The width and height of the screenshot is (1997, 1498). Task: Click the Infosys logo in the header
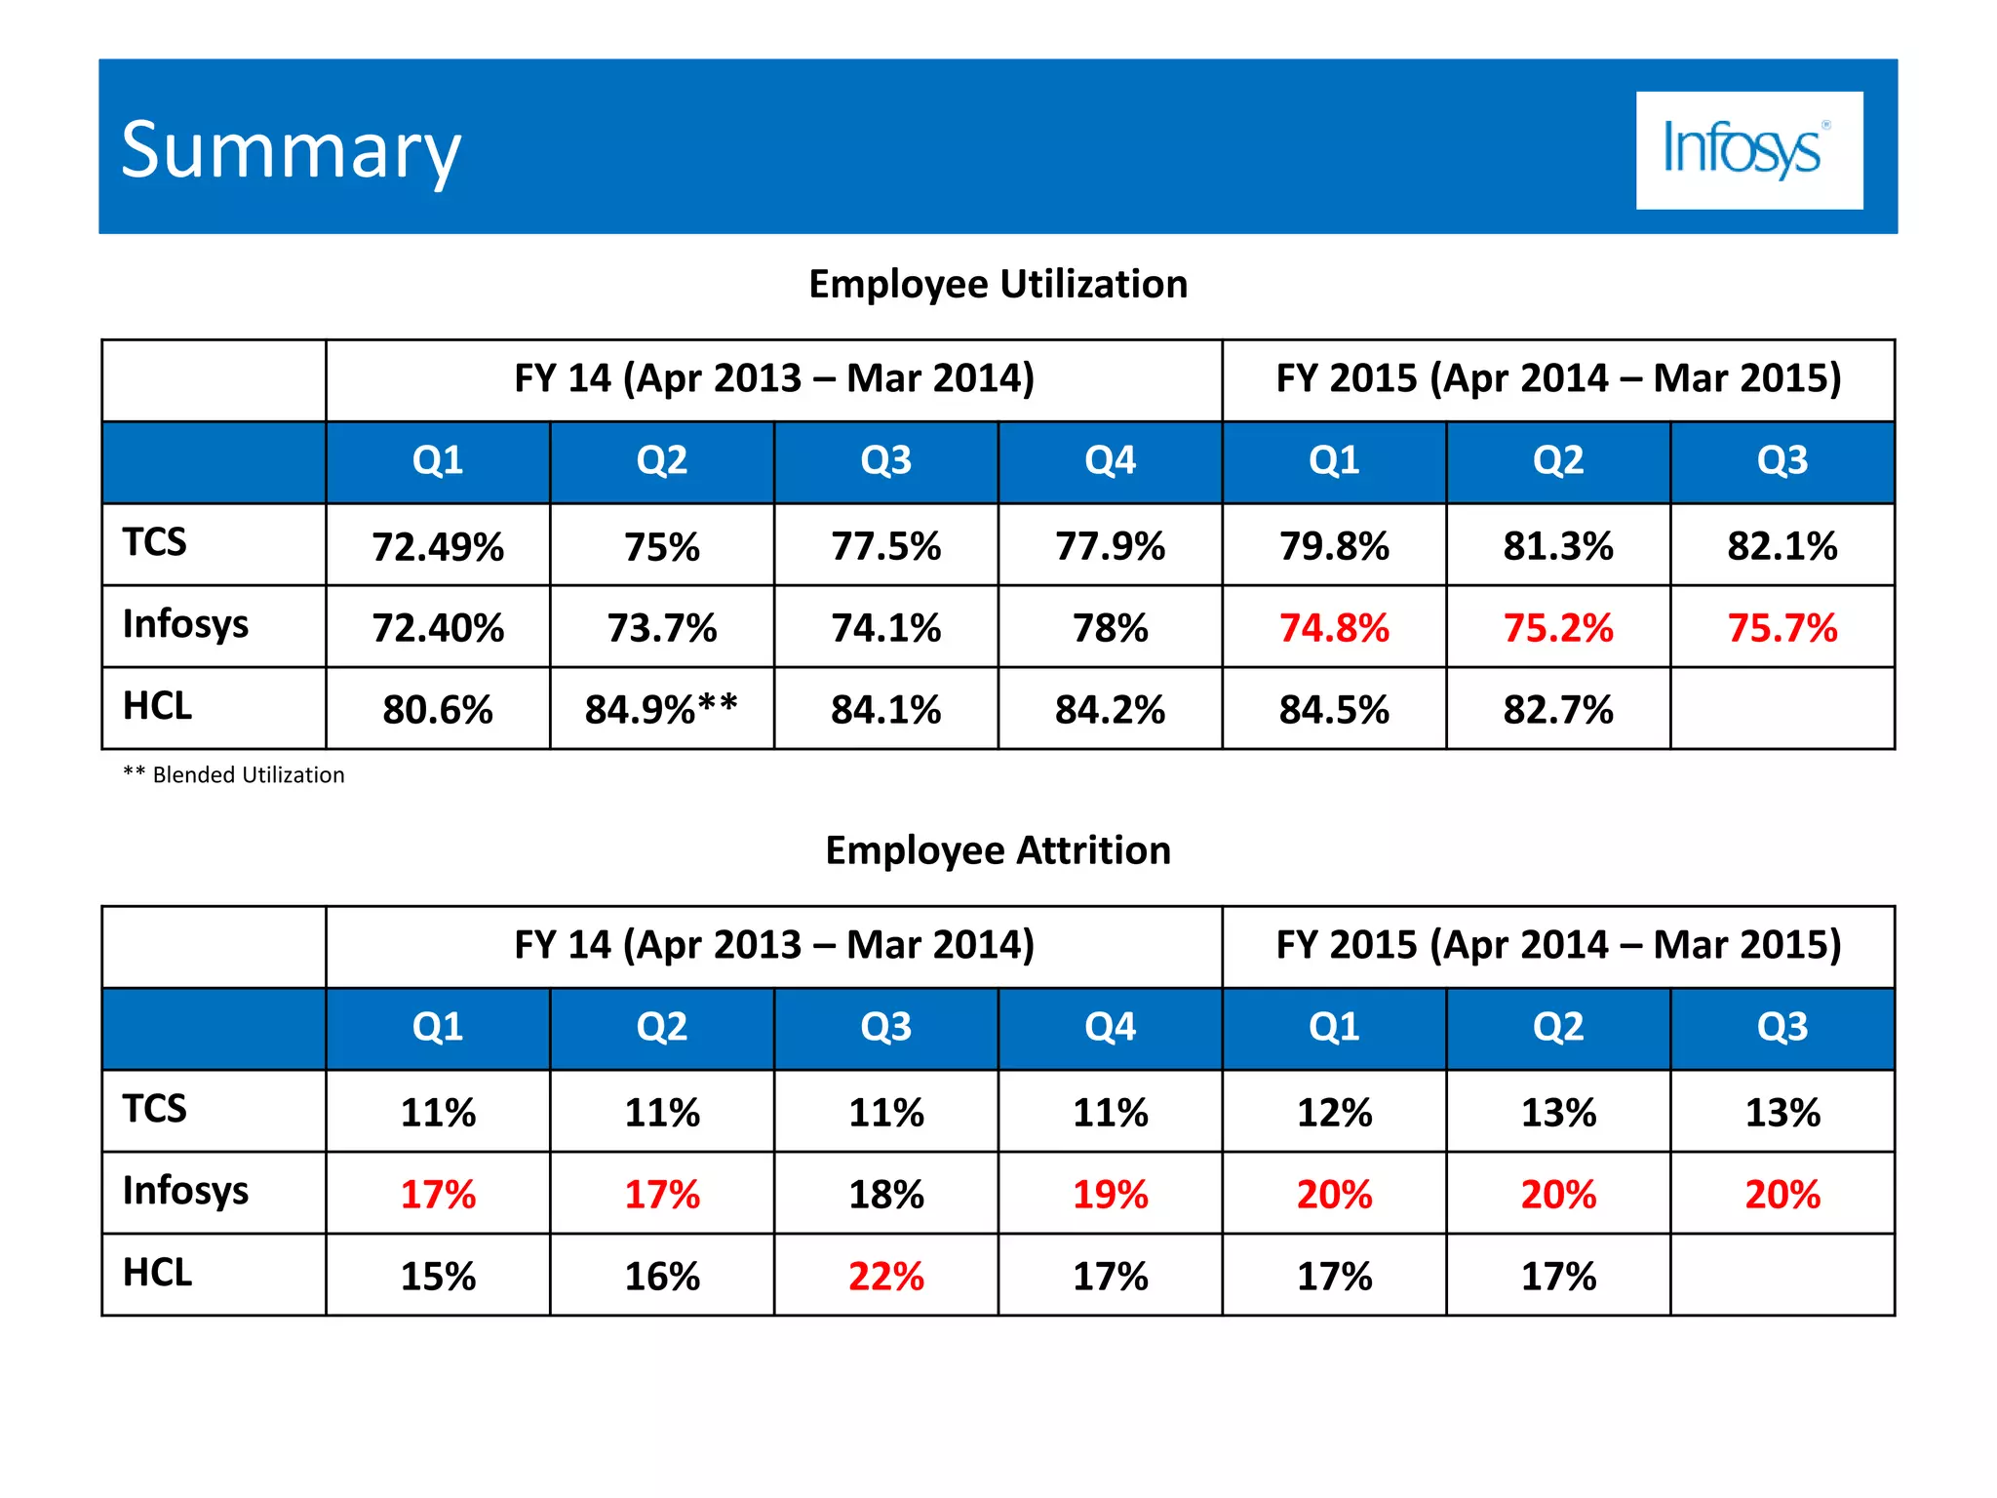coord(1748,150)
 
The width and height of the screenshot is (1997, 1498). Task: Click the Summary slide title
coord(291,151)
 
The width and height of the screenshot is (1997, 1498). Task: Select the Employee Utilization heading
coord(998,284)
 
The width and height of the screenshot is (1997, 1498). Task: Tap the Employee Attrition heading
coord(998,850)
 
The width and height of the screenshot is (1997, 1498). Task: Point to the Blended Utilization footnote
coord(234,775)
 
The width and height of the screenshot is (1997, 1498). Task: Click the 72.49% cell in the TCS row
coord(438,546)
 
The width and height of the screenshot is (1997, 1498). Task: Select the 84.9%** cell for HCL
coord(661,709)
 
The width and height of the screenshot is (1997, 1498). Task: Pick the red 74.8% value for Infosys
coord(1334,628)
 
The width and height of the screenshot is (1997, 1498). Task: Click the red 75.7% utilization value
coord(1782,628)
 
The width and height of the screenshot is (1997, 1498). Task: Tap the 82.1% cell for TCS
coord(1782,546)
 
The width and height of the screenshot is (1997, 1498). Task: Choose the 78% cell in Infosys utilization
coord(1110,628)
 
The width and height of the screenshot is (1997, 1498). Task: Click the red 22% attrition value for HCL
coord(885,1276)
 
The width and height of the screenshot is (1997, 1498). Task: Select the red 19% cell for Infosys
coord(1110,1194)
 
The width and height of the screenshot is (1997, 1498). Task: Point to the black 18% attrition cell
coord(885,1194)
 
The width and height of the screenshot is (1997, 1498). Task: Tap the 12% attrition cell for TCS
coord(1334,1112)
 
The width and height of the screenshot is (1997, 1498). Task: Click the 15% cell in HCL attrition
coord(438,1276)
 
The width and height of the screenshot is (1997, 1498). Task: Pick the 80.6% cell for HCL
coord(438,709)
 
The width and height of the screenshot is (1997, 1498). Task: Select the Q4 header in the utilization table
coord(1110,460)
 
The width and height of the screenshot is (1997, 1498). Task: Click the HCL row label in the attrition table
coord(158,1273)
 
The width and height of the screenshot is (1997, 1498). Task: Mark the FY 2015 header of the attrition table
coord(1558,945)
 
